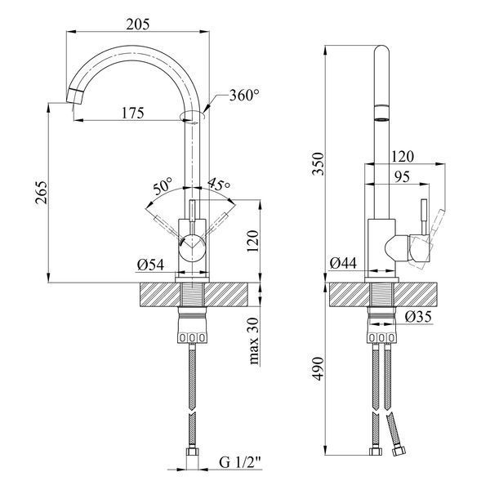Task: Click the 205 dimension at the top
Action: [138, 24]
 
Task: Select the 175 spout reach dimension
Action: [133, 113]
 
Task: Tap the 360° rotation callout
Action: [244, 95]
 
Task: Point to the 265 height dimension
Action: [41, 193]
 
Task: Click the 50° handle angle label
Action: [163, 186]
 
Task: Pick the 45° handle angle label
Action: [219, 185]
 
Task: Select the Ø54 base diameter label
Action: [150, 265]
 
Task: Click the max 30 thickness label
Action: [254, 341]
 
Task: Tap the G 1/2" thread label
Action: [240, 462]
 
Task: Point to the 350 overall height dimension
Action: [318, 163]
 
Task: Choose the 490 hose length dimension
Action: [318, 369]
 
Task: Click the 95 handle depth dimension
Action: [402, 177]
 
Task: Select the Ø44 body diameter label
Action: [343, 263]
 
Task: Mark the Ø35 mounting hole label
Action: [418, 317]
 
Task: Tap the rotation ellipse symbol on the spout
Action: [193, 116]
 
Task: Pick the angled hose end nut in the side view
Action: [399, 452]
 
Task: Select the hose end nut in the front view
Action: [193, 452]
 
